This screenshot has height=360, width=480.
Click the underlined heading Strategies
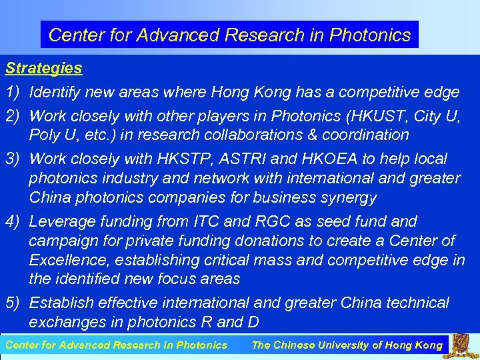[x=44, y=68]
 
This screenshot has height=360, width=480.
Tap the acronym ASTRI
[x=245, y=159]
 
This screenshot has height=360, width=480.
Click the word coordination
[x=369, y=135]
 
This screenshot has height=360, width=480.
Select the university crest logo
[x=464, y=345]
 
